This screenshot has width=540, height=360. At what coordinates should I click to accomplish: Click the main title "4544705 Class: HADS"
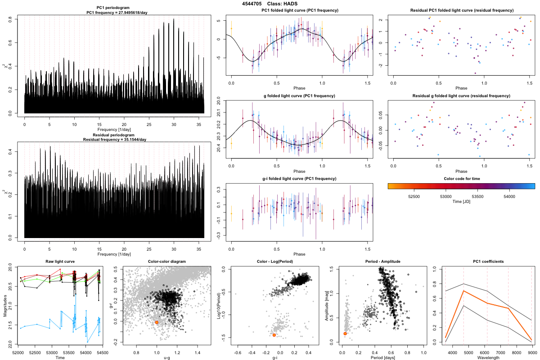pyautogui.click(x=270, y=4)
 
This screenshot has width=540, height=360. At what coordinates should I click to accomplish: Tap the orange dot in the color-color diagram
pyautogui.click(x=157, y=322)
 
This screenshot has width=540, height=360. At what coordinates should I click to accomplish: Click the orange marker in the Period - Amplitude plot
pyautogui.click(x=345, y=333)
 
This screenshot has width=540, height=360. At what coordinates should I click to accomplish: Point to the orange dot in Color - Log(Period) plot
pyautogui.click(x=274, y=335)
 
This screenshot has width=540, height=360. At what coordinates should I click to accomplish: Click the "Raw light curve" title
pyautogui.click(x=60, y=261)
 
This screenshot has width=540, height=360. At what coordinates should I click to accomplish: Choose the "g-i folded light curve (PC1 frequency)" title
pyautogui.click(x=299, y=179)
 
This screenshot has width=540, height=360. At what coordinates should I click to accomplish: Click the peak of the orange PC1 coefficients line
pyautogui.click(x=463, y=291)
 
